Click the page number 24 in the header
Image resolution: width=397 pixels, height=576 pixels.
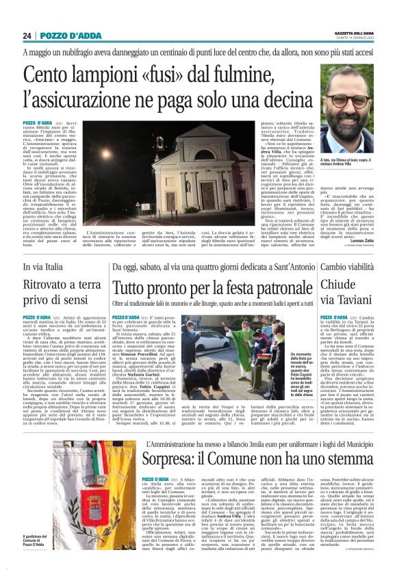click(27, 36)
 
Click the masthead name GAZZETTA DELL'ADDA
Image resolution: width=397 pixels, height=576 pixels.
click(354, 33)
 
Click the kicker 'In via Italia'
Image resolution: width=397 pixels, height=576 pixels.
click(44, 266)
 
